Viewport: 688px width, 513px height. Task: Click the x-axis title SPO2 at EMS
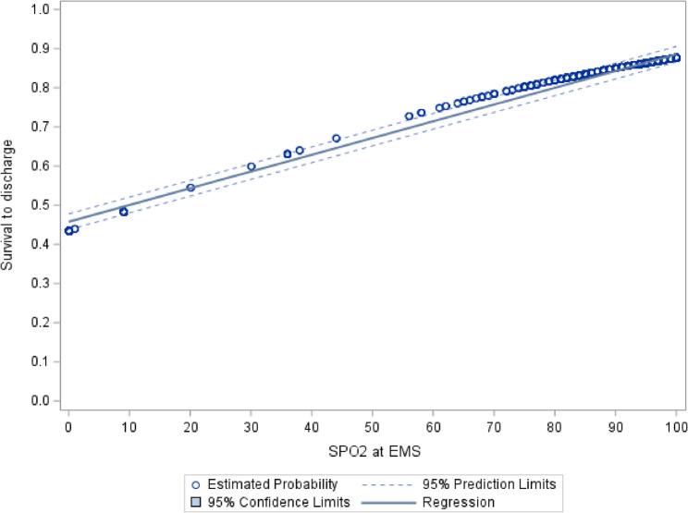point(373,449)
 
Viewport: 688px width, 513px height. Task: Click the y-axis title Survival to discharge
point(8,205)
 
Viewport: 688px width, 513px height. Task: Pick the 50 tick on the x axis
point(373,427)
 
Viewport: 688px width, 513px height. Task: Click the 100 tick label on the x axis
point(676,427)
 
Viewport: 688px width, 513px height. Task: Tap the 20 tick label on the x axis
point(190,427)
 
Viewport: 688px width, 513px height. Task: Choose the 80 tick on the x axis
point(555,427)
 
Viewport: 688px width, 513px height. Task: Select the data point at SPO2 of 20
point(190,188)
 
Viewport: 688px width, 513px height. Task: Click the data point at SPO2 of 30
point(252,166)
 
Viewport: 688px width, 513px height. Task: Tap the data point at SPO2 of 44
point(337,139)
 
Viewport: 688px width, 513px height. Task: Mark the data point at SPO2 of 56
point(409,116)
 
